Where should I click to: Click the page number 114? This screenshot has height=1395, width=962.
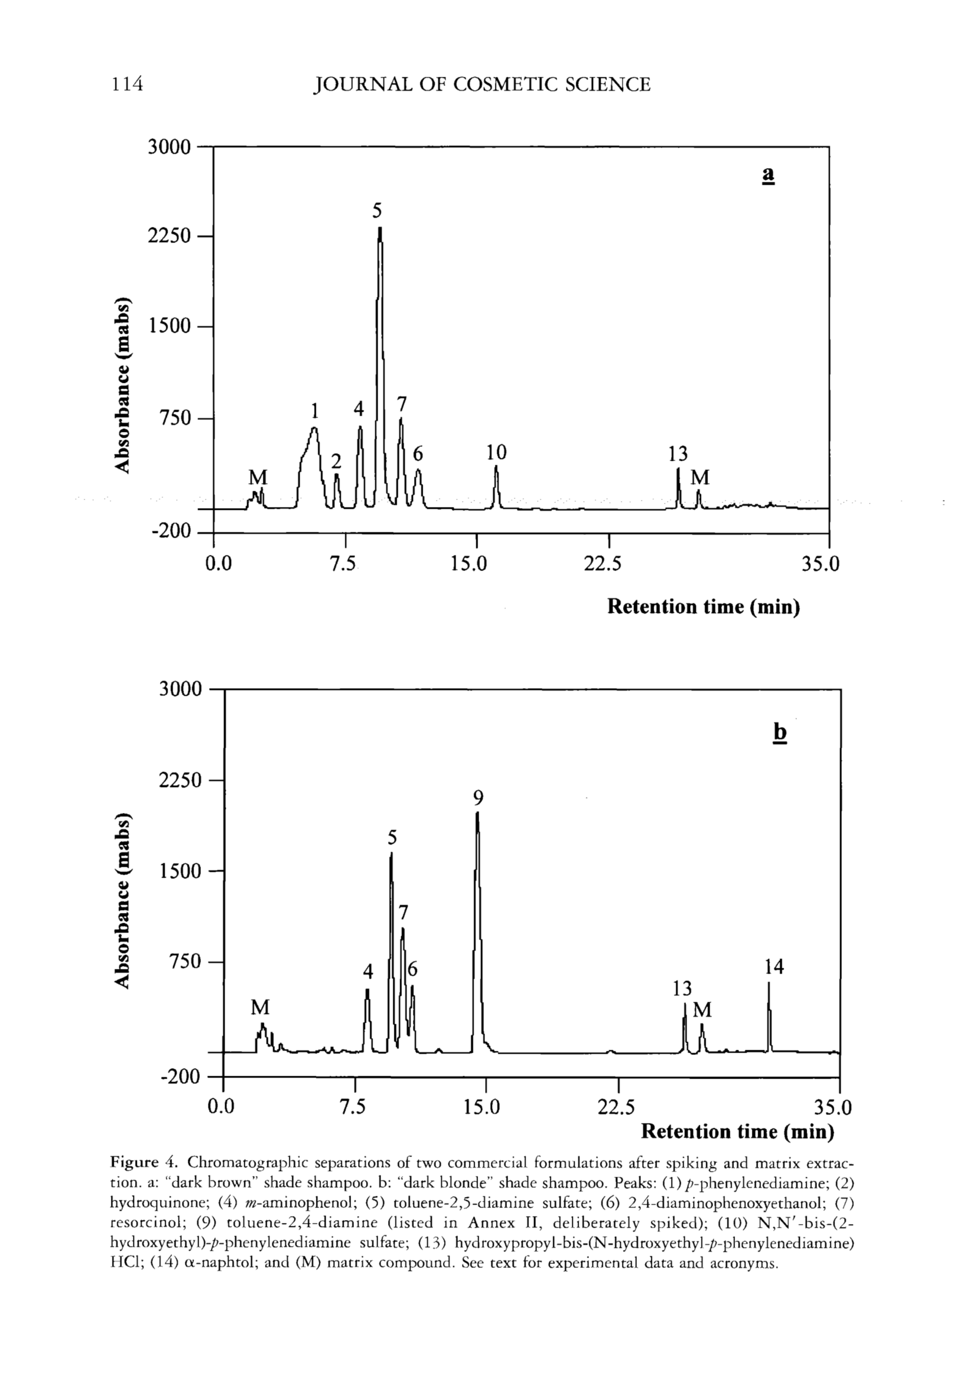point(126,84)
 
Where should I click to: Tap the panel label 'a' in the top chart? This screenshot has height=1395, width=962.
point(768,175)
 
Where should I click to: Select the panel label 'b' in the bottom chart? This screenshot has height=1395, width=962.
point(780,732)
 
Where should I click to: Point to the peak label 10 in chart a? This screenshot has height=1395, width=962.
point(497,452)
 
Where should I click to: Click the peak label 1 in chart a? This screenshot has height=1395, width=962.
point(314,411)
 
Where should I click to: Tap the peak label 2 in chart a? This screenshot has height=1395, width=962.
point(336,461)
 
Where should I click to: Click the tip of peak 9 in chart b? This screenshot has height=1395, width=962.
point(478,814)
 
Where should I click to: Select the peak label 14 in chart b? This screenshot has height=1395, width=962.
point(774,967)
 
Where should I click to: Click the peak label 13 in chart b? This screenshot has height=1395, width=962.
point(683,989)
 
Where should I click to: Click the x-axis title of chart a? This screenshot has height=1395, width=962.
point(703,606)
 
